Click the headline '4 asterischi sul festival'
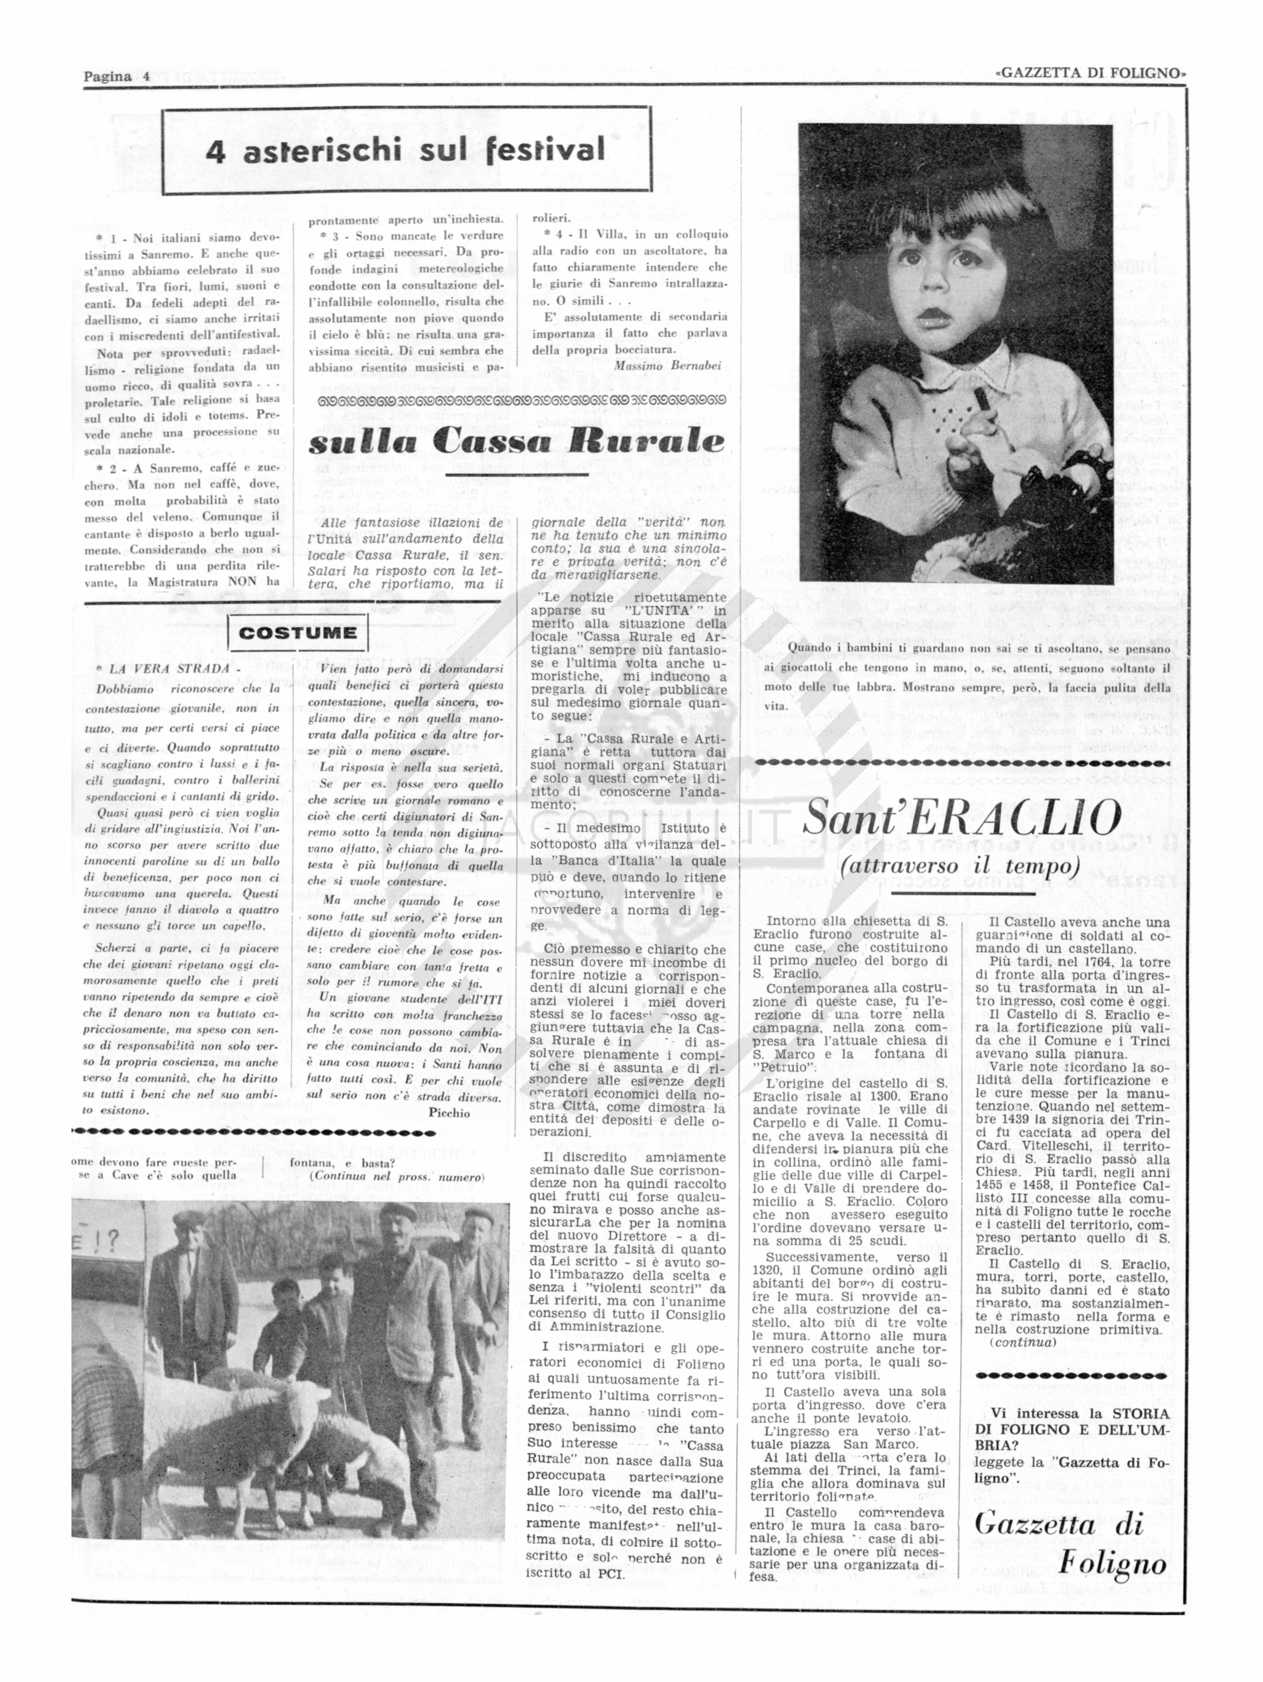406,151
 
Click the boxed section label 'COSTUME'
298,633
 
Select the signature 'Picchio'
450,1112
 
